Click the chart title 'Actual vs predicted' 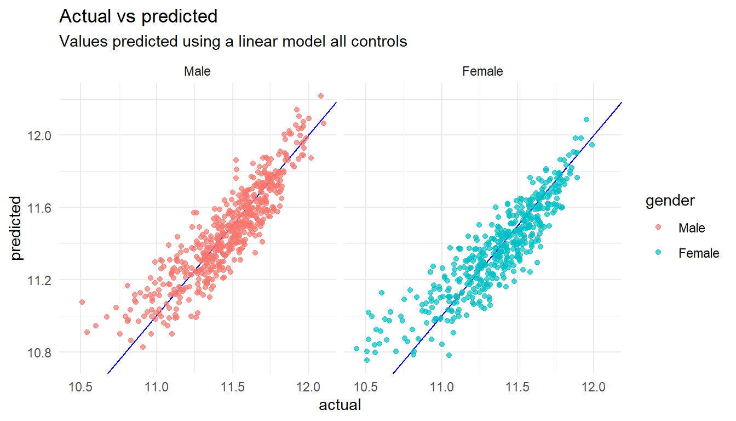138,16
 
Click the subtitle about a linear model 233,41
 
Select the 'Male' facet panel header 197,71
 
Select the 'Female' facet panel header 482,71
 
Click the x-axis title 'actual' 340,405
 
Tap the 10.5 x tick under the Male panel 81,389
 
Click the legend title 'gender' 670,201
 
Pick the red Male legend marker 659,227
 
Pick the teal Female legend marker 659,253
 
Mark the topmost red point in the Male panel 320,96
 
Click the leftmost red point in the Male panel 82,302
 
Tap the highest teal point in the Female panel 586,120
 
